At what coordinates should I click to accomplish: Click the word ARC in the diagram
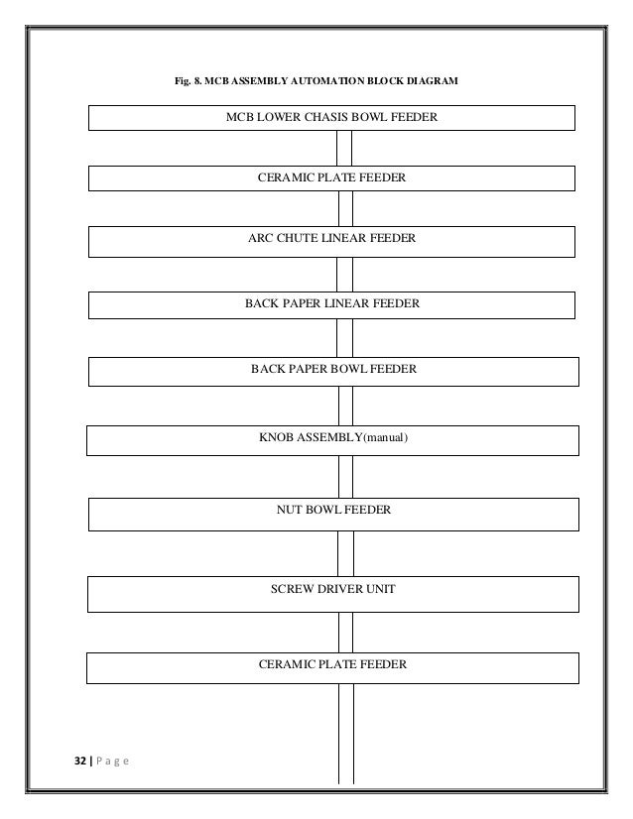point(260,239)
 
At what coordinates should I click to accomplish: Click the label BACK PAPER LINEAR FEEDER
point(331,304)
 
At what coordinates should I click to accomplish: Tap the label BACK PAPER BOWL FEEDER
point(333,369)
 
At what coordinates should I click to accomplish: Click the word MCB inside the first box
point(241,117)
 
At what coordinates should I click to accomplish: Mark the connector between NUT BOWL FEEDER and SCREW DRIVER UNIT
point(345,552)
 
